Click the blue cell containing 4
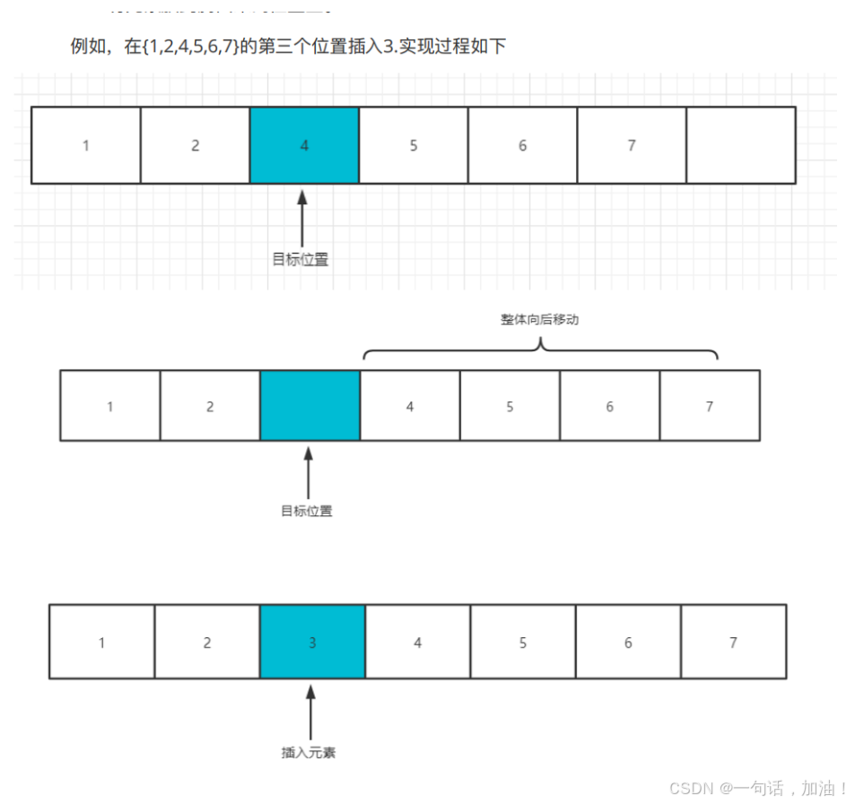(x=304, y=145)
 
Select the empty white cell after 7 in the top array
(x=741, y=145)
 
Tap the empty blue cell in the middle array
(x=310, y=406)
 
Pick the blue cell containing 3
(x=312, y=642)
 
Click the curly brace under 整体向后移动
(x=541, y=350)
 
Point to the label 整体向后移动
(x=540, y=319)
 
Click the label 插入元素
(x=309, y=753)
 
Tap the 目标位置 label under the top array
(x=301, y=260)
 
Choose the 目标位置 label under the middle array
(x=307, y=512)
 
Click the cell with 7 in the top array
(x=632, y=145)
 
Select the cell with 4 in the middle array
(x=410, y=406)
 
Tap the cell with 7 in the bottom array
(x=733, y=642)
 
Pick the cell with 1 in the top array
(x=86, y=145)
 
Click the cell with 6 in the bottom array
(x=628, y=642)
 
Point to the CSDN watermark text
(x=759, y=788)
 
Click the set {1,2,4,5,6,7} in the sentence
(x=191, y=47)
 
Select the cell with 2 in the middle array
(x=210, y=406)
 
